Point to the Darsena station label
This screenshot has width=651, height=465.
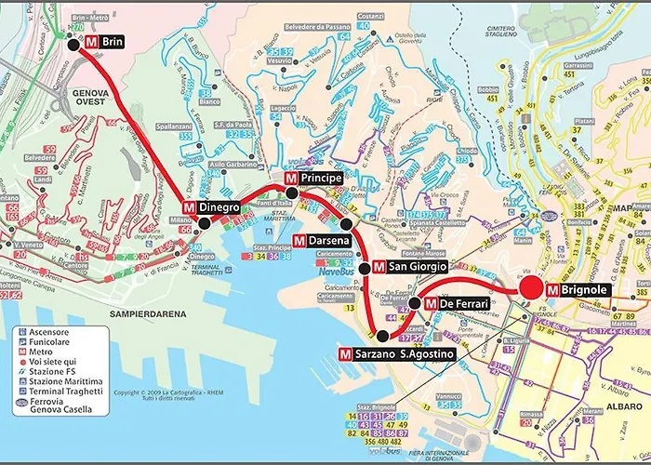tap(322, 241)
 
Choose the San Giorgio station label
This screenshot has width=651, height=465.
tap(410, 267)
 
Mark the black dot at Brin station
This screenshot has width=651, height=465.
tap(73, 43)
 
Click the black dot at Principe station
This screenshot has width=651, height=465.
tap(292, 193)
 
